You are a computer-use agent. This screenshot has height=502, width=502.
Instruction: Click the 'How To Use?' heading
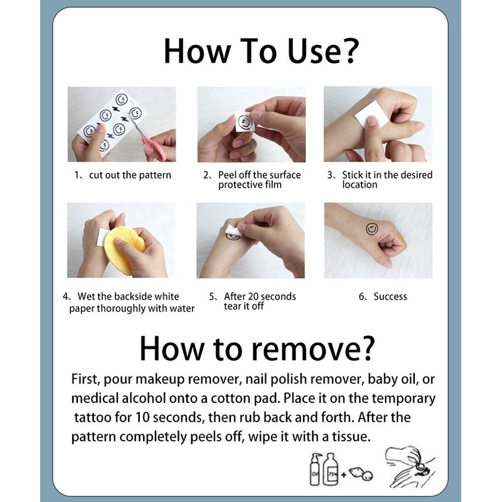pos(261,51)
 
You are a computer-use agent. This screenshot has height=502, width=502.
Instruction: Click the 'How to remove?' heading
pos(257,349)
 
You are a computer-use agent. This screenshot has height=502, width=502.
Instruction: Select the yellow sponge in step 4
pos(123,250)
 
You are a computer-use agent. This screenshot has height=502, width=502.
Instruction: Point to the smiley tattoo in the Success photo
pos(371,228)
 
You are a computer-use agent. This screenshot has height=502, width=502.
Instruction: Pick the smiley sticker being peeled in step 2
pos(244,122)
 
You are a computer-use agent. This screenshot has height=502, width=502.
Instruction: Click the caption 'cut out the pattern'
pos(130,176)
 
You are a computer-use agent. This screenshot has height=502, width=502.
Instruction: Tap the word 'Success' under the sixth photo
pos(390,296)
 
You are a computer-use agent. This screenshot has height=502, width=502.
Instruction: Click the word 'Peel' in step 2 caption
pos(227,175)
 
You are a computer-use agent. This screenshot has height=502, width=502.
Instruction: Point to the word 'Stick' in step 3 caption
pos(352,175)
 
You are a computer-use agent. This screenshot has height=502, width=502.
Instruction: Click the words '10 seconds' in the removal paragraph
pos(169,417)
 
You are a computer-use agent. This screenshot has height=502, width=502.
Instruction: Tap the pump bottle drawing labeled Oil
pos(316,469)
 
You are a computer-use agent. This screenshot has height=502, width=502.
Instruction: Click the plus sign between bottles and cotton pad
pos(343,474)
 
